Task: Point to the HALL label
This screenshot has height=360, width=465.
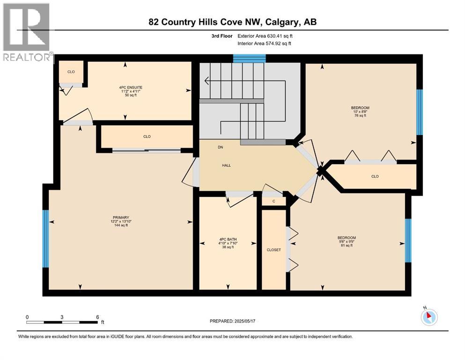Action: click(226, 165)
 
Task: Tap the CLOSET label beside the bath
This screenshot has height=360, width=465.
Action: click(273, 250)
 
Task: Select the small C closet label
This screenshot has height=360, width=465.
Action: click(273, 201)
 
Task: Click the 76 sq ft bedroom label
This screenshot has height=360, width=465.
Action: click(360, 112)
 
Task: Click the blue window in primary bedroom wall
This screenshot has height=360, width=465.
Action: click(45, 238)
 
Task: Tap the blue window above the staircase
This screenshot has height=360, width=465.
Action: click(249, 58)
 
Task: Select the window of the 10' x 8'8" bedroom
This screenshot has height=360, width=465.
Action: click(420, 112)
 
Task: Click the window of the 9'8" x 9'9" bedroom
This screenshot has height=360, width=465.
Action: click(408, 240)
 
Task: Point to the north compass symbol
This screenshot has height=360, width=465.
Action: click(428, 316)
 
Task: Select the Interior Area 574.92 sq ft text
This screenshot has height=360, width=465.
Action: click(265, 44)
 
